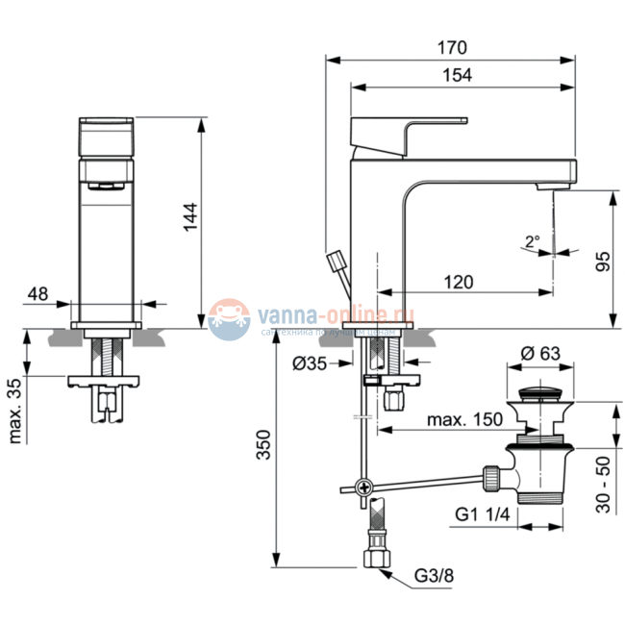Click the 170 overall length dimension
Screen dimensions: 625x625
pos(453,47)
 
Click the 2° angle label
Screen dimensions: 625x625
pos(533,241)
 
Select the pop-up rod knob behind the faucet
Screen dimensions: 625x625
pos(337,261)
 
